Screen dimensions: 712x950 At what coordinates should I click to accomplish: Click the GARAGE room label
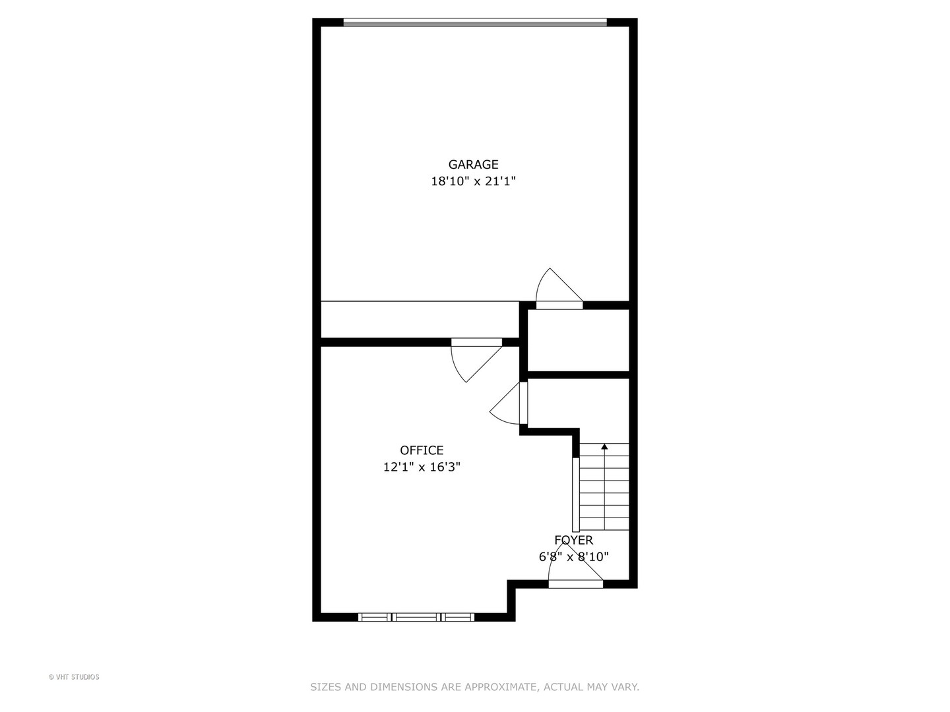[473, 165]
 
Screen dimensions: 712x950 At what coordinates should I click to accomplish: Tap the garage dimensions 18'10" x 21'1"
[473, 181]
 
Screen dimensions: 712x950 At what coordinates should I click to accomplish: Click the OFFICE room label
[422, 450]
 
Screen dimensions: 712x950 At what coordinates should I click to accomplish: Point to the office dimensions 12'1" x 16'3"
[422, 467]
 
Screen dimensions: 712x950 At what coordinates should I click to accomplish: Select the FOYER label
[573, 541]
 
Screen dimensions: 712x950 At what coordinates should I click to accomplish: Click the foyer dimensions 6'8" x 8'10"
[573, 557]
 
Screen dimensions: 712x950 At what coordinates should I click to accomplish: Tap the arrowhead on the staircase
[604, 447]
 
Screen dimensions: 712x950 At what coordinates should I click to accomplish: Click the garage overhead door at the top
[475, 22]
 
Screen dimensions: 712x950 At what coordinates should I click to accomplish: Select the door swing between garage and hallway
[558, 290]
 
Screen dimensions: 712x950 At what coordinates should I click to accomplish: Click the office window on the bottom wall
[416, 617]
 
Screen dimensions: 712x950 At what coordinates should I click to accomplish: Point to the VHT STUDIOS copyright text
[74, 677]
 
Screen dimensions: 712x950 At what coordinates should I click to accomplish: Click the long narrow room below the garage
[420, 320]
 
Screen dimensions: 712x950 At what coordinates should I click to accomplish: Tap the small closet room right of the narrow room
[578, 340]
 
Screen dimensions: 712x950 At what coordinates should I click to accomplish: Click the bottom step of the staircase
[604, 525]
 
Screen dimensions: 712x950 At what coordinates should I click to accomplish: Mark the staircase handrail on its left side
[575, 494]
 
